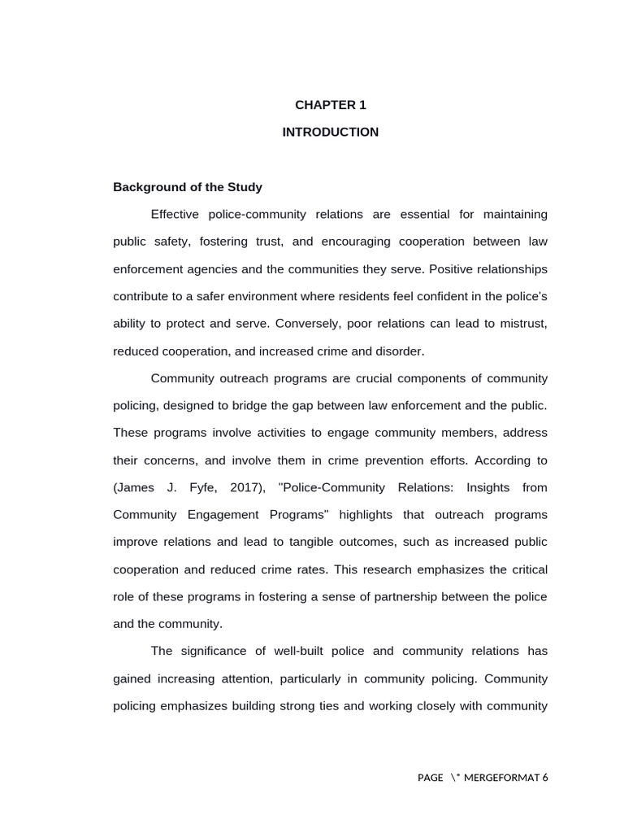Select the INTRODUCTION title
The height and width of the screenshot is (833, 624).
(x=330, y=132)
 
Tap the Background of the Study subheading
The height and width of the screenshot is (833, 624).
(x=188, y=187)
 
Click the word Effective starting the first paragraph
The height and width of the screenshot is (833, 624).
(x=176, y=214)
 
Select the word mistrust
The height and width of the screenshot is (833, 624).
(x=522, y=324)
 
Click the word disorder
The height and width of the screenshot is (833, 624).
(x=398, y=351)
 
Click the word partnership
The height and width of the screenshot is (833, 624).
(x=401, y=596)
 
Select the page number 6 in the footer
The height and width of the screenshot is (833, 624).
(x=545, y=778)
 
